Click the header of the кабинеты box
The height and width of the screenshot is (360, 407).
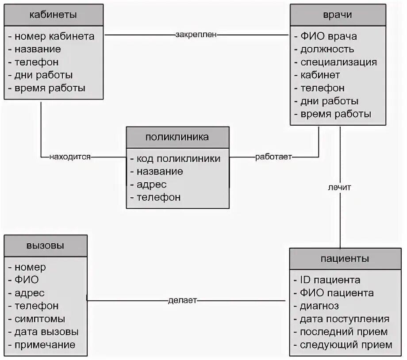pyautogui.click(x=53, y=15)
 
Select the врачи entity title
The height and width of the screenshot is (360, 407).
pyautogui.click(x=338, y=15)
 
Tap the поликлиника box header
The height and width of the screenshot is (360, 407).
pyautogui.click(x=177, y=137)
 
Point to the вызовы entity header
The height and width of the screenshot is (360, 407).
pyautogui.click(x=45, y=245)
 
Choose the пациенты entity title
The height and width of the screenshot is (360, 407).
pyautogui.click(x=345, y=258)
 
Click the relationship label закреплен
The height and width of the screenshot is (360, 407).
pyautogui.click(x=196, y=34)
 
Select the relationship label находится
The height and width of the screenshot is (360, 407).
pyautogui.click(x=70, y=157)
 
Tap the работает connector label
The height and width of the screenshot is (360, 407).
pyautogui.click(x=273, y=157)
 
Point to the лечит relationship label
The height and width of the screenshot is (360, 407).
pyautogui.click(x=340, y=187)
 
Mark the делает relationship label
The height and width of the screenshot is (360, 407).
pyautogui.click(x=182, y=301)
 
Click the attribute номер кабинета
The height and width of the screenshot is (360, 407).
pyautogui.click(x=54, y=36)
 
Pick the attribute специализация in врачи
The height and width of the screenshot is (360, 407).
pyautogui.click(x=338, y=62)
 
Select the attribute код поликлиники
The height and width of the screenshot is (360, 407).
pyautogui.click(x=178, y=158)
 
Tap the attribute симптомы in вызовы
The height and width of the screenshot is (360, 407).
pyautogui.click(x=40, y=319)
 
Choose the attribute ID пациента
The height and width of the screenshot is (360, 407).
pyautogui.click(x=330, y=280)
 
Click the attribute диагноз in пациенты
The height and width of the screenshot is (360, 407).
pyautogui.click(x=319, y=306)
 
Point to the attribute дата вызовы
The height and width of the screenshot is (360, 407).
pyautogui.click(x=46, y=332)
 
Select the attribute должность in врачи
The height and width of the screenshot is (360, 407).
pyautogui.click(x=327, y=49)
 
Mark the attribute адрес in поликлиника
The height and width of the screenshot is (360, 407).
pyautogui.click(x=151, y=184)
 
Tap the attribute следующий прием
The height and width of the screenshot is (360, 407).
pyautogui.click(x=346, y=345)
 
